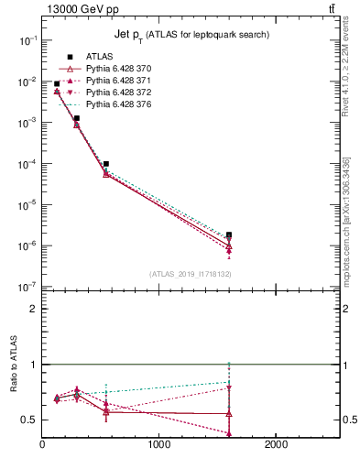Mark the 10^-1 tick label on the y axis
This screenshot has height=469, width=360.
click(27, 41)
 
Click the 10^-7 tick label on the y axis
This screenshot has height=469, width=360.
click(27, 287)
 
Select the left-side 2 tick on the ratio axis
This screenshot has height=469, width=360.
click(32, 309)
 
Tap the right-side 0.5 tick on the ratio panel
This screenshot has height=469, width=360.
click(348, 420)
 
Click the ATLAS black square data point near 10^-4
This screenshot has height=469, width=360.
click(106, 164)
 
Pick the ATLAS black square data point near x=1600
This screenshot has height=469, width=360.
click(229, 235)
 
